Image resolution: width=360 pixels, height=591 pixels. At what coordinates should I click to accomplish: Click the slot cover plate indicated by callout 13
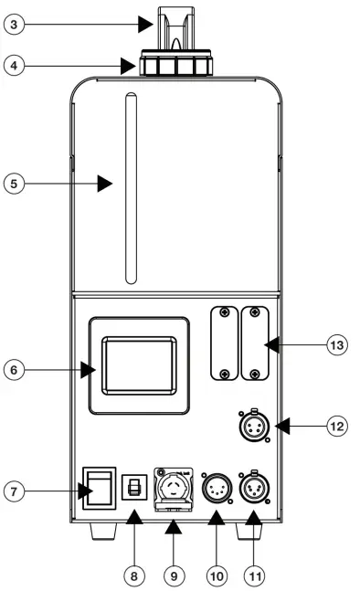click(255, 343)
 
